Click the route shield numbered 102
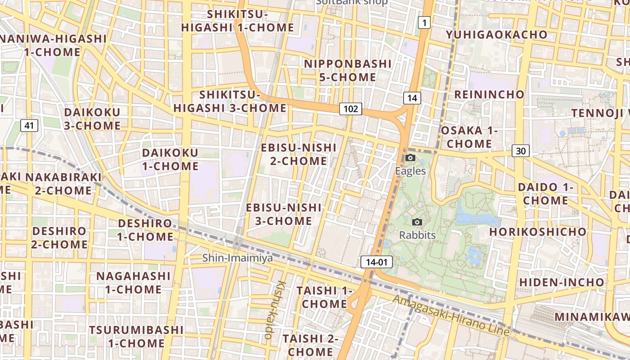351,108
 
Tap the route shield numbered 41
29,126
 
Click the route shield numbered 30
520,151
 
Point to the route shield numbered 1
424,22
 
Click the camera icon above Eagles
410,157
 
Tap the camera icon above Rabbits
417,222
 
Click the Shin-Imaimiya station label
238,258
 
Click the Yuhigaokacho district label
496,35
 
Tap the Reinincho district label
489,94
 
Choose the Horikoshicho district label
538,232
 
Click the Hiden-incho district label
562,282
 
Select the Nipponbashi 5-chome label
348,71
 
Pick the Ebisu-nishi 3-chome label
284,214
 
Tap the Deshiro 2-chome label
59,238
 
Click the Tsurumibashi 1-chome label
136,336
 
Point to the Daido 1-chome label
545,193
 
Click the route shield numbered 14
412,98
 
